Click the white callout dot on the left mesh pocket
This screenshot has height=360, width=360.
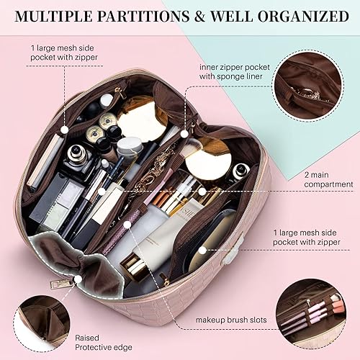click(65, 130)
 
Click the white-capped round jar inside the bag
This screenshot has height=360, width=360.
click(240, 171)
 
